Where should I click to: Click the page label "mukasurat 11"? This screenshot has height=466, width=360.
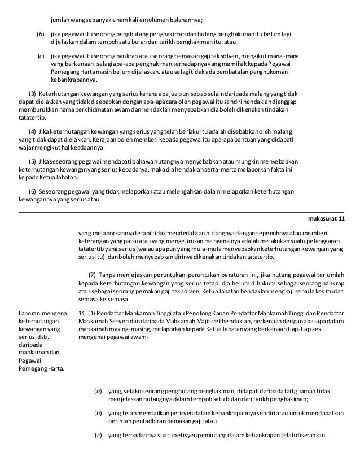tap(327, 219)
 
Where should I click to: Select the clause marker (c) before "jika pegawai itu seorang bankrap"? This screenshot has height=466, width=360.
tap(41, 57)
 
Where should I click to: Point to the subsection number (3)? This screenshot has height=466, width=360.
tap(32, 92)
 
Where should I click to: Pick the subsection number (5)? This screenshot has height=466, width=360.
tap(32, 163)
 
